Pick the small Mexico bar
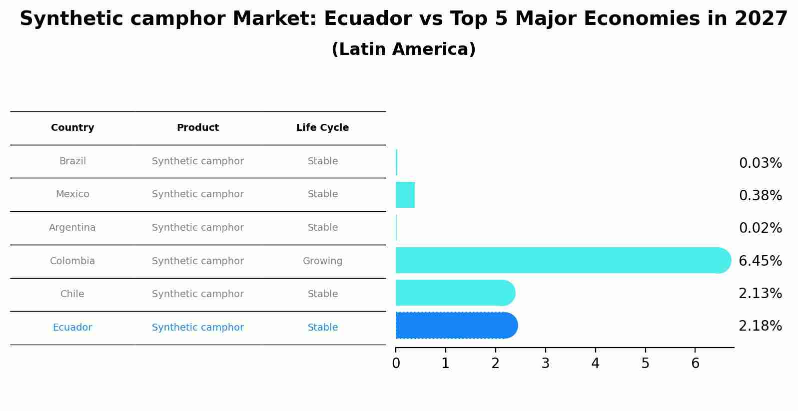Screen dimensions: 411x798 (405, 195)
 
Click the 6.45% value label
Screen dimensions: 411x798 (760, 261)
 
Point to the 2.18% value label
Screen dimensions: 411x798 (760, 326)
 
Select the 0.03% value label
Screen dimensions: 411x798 (760, 163)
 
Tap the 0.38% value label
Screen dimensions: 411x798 (760, 196)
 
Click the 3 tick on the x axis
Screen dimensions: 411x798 (545, 364)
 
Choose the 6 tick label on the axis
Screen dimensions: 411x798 (695, 364)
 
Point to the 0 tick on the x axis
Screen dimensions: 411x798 (396, 364)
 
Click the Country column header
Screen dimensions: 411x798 (72, 128)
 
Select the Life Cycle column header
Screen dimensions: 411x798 (322, 128)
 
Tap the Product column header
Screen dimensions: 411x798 (198, 128)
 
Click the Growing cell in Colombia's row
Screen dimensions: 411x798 (322, 261)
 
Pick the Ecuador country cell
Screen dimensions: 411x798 (72, 328)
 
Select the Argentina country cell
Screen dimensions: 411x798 (72, 228)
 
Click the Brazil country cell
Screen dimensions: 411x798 (72, 161)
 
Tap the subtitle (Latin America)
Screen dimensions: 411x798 (403, 49)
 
